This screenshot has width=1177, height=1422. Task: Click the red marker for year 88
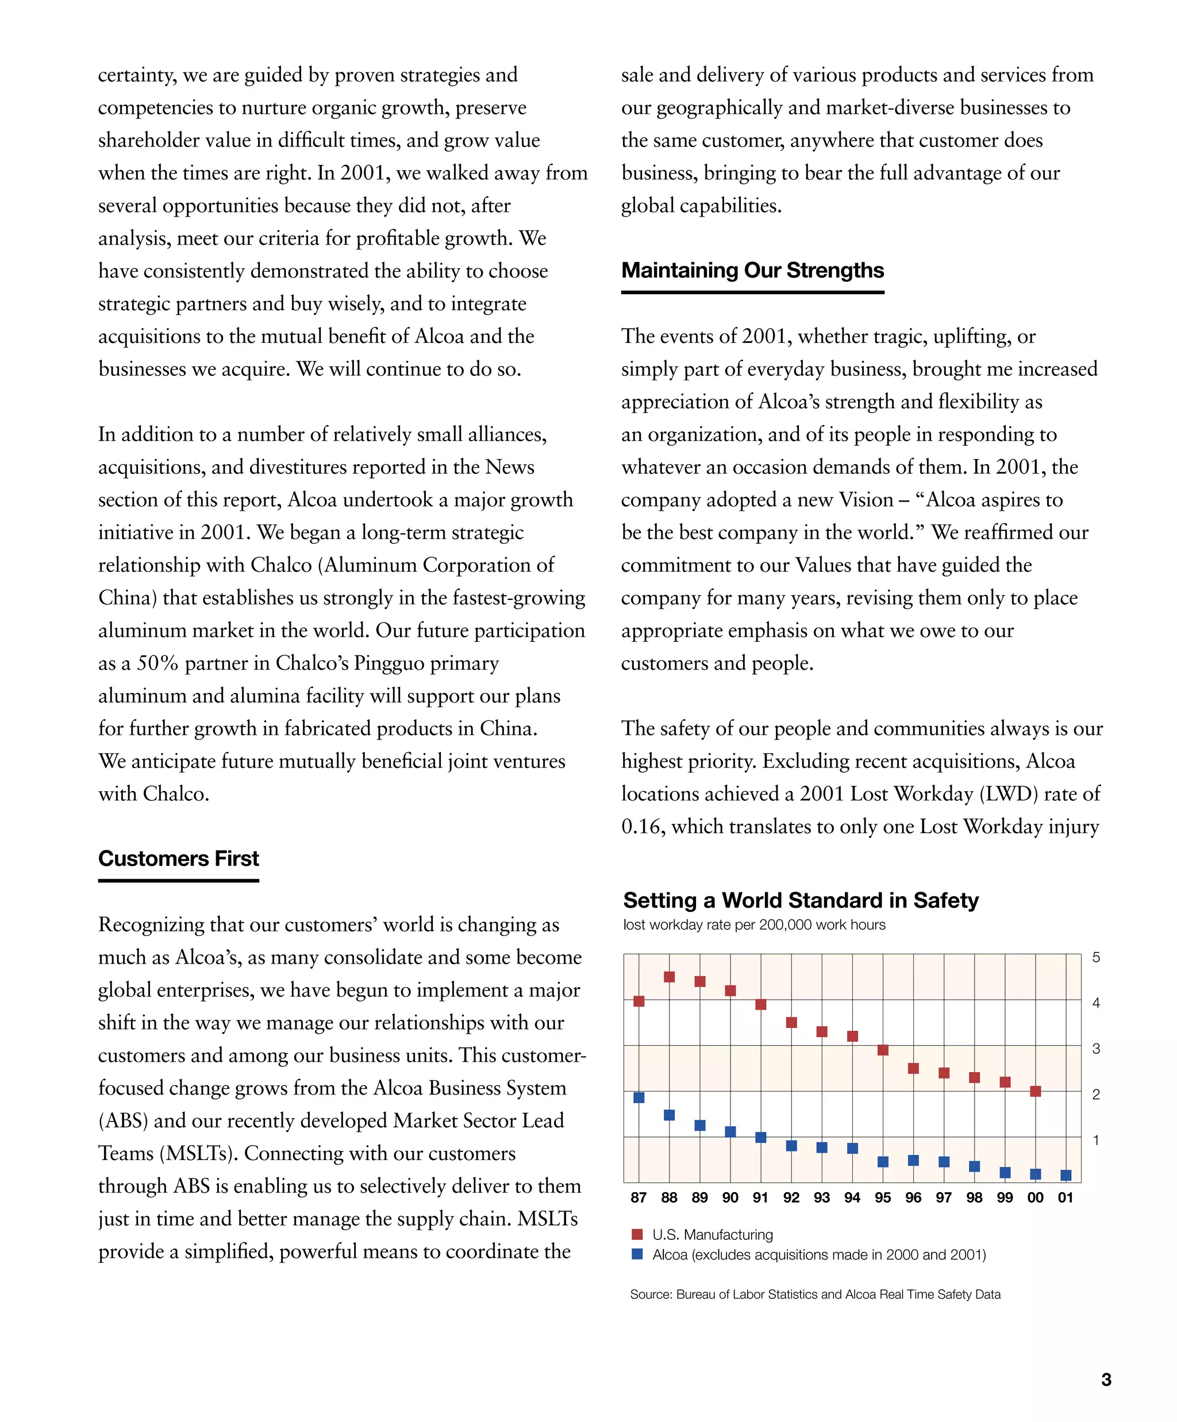(x=669, y=977)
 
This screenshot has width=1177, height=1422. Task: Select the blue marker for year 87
(x=638, y=1097)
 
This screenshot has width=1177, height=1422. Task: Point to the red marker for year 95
(x=882, y=1050)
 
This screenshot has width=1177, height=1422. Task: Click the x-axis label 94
(x=852, y=1198)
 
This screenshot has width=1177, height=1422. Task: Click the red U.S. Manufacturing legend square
(x=637, y=1235)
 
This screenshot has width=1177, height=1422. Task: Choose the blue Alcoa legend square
(x=637, y=1254)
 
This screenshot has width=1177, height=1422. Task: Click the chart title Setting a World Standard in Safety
(x=801, y=901)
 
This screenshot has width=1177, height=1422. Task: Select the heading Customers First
(x=178, y=858)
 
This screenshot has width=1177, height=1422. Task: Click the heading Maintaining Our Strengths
(x=752, y=270)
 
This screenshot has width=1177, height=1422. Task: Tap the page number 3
(x=1106, y=1379)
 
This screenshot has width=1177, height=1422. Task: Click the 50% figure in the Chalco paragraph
(x=157, y=663)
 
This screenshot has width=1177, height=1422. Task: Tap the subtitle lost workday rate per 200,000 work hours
(x=754, y=925)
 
